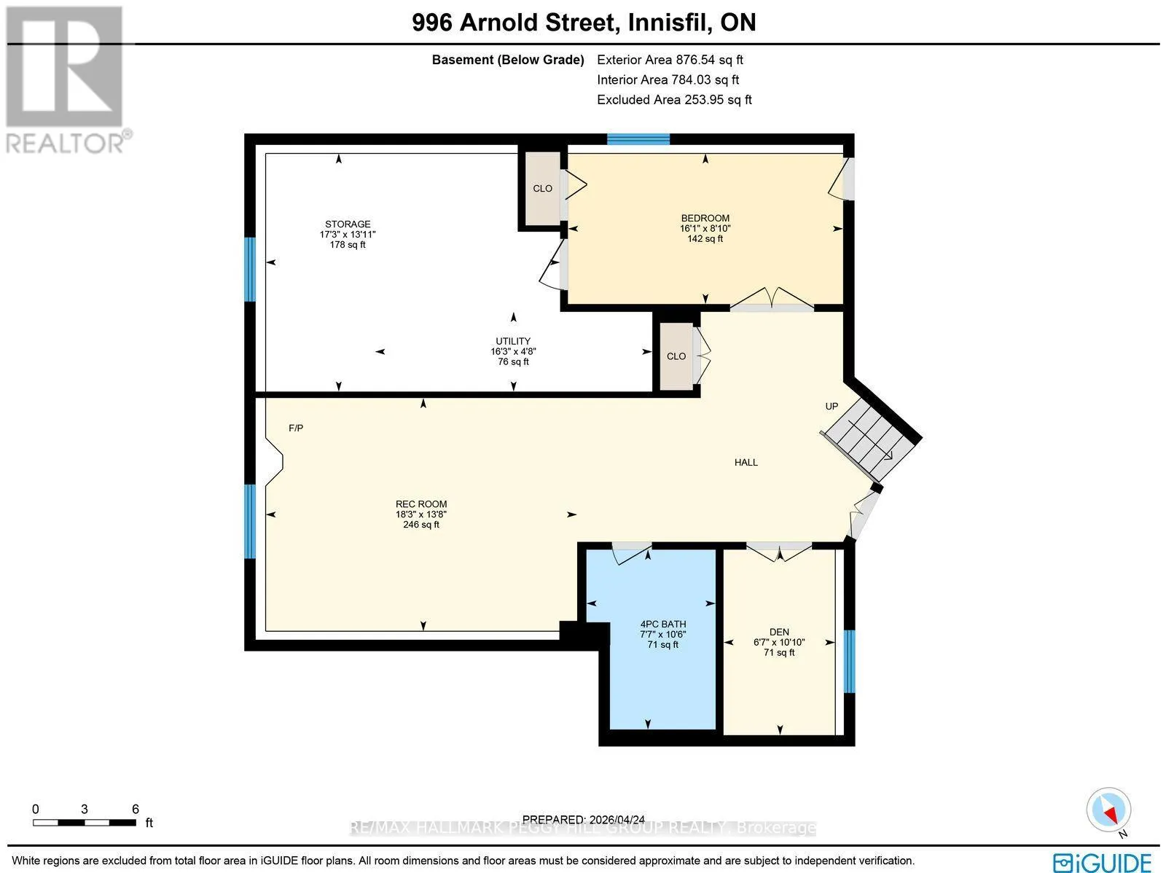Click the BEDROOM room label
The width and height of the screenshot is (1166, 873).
point(705,219)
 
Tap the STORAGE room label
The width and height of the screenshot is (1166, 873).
point(348,224)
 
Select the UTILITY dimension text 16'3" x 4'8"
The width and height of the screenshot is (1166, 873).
point(513,351)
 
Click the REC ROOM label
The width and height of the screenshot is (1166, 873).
point(421,504)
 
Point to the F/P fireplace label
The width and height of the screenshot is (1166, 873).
point(296,428)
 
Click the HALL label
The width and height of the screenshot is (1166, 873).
point(746,463)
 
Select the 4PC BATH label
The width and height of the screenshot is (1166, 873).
point(663,624)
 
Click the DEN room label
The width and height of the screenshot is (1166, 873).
point(779,632)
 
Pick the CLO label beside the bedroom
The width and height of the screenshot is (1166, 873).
point(542,189)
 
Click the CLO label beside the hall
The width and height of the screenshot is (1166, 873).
point(676,356)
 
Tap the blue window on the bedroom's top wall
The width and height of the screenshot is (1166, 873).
point(638,139)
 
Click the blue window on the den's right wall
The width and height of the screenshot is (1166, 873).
point(850,662)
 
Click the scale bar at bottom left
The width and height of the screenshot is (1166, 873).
point(85,823)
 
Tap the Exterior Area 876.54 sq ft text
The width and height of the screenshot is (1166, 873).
point(670,60)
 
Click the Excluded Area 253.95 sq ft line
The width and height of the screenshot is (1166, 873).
point(674,100)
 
